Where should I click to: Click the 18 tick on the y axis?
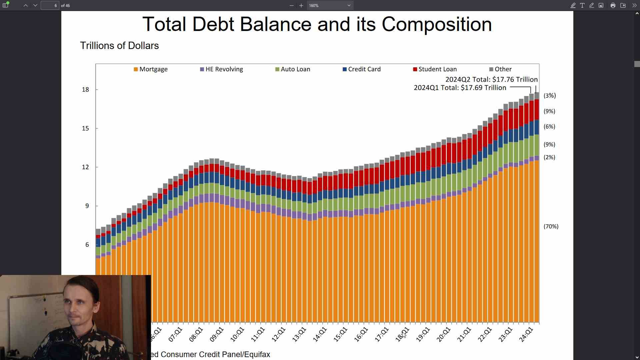click(x=86, y=90)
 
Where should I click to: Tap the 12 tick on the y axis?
click(x=86, y=167)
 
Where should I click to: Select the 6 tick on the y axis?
click(x=87, y=245)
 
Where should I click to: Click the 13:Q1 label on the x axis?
click(x=299, y=334)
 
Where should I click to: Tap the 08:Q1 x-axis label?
click(x=196, y=334)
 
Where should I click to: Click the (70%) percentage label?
click(x=551, y=227)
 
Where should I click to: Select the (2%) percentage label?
click(x=549, y=157)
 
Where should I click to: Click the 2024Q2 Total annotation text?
click(x=491, y=80)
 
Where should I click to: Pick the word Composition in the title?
click(x=436, y=24)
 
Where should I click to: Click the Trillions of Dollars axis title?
click(x=119, y=46)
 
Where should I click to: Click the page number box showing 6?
click(x=50, y=5)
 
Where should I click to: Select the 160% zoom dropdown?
click(x=330, y=5)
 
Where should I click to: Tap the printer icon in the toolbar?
click(x=613, y=5)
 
